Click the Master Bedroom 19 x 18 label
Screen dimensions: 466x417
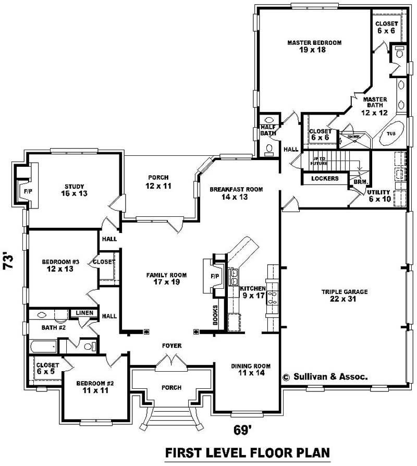point(314,46)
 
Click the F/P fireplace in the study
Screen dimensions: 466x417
point(27,191)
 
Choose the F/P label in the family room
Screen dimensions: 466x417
point(214,276)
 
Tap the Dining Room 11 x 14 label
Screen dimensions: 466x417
point(251,370)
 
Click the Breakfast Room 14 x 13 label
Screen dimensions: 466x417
point(236,193)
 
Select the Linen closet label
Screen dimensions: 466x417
point(84,313)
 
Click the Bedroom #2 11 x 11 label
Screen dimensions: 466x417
point(95,387)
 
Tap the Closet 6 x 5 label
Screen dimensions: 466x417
point(47,368)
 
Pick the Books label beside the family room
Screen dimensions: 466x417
point(215,315)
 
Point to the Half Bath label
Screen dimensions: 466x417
point(268,130)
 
